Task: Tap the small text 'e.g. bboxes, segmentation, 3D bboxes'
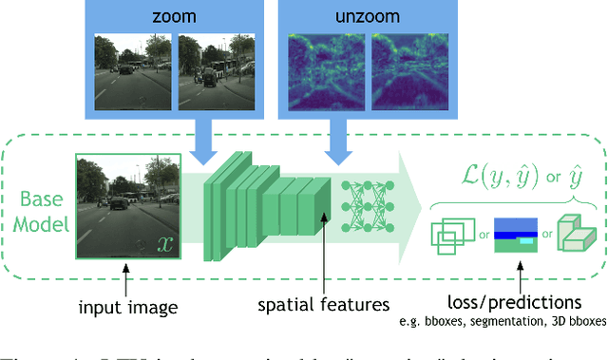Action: pyautogui.click(x=521, y=322)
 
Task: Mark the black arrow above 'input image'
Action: pyautogui.click(x=126, y=279)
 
